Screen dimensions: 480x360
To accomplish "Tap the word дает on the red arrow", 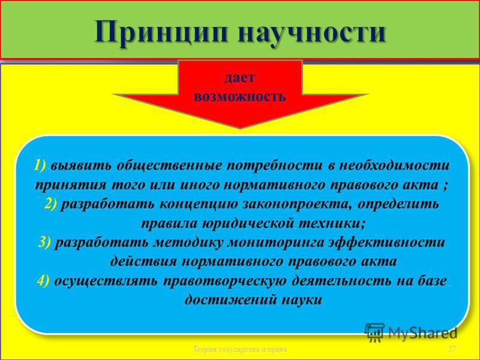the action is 239,78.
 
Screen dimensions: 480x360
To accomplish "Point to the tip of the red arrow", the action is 240,128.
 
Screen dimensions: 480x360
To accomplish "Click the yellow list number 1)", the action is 40,166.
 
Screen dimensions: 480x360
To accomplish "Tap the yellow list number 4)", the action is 43,281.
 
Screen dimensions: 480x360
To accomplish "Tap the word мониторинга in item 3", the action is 276,243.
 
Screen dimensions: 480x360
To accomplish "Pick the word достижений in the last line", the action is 229,300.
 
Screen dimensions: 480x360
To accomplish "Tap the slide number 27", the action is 452,349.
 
